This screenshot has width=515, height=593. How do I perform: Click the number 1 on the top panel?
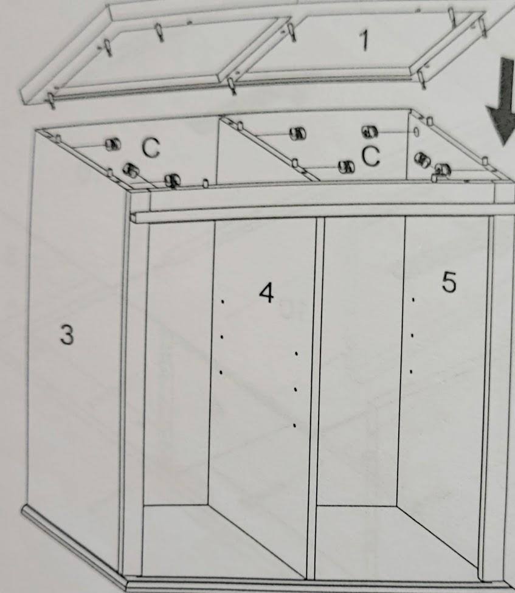pos(364,40)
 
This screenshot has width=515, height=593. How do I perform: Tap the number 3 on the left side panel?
pos(67,335)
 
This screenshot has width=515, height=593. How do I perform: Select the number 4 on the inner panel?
pos(266,293)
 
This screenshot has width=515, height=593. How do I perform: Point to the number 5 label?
pos(449,282)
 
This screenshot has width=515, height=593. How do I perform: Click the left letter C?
pos(151,148)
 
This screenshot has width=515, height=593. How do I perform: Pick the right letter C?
pos(370,156)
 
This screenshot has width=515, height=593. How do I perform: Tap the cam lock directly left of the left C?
pos(113,144)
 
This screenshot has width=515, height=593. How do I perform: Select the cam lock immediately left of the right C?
pos(347,167)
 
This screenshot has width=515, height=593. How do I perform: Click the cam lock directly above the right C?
pos(370,132)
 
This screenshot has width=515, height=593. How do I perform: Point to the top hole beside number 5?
pos(413,300)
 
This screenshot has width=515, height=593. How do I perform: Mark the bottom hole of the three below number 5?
pos(411,372)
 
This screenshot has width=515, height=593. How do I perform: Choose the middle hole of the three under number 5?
pos(412,335)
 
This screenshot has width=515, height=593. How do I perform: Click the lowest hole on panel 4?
pos(294,426)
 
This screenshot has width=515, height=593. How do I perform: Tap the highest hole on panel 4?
pos(223,302)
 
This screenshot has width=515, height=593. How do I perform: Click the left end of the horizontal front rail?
pos(133,218)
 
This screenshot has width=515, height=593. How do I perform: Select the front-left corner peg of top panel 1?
pos(51,100)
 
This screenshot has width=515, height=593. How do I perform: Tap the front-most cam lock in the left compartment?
pos(172,181)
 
